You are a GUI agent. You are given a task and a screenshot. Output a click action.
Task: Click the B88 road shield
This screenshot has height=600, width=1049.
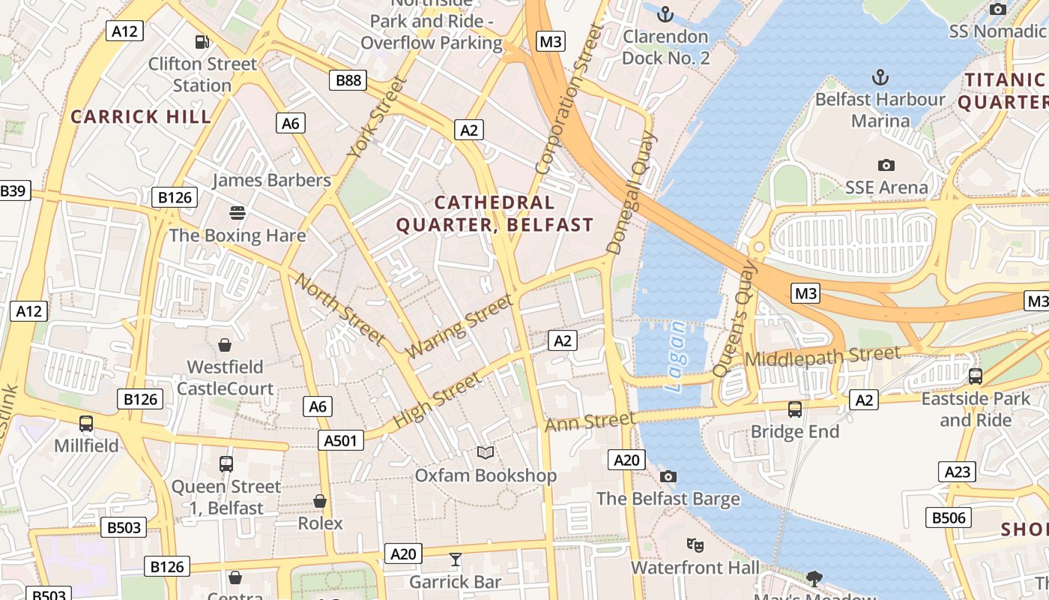point(348,80)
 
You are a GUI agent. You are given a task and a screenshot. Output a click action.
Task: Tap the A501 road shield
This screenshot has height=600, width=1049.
point(341,440)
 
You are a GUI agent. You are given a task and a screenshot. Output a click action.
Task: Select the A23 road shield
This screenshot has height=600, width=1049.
point(957,472)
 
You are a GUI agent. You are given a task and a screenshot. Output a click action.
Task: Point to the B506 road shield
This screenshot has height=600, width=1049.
point(949,517)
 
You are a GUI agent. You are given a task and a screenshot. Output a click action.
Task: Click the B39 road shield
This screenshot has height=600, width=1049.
point(13,190)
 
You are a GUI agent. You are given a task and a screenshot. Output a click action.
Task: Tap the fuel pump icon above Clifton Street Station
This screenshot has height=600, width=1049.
point(202,42)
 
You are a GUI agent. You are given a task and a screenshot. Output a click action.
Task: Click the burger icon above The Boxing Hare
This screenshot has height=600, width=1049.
point(238,213)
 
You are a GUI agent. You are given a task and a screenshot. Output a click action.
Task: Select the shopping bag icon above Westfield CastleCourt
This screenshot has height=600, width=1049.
point(224,345)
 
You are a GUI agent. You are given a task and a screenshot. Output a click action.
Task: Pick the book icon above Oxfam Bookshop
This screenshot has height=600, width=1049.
point(486,453)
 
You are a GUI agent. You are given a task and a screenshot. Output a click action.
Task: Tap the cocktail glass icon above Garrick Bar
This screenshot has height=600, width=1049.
point(455,559)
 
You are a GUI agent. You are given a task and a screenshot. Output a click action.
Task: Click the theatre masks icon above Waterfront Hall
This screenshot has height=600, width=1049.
point(695,545)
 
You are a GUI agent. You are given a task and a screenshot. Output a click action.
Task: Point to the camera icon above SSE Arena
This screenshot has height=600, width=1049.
point(886,165)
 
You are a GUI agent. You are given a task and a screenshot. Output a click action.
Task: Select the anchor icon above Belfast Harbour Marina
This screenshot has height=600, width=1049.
point(880,76)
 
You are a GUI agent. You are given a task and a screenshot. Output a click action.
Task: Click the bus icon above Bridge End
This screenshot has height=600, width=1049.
point(795,409)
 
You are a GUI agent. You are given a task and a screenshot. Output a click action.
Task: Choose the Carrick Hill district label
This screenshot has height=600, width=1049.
point(141,116)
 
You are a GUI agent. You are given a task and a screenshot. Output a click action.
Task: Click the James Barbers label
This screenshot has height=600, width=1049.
point(271,180)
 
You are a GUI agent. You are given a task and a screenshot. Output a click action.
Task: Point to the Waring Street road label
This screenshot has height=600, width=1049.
point(460,325)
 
